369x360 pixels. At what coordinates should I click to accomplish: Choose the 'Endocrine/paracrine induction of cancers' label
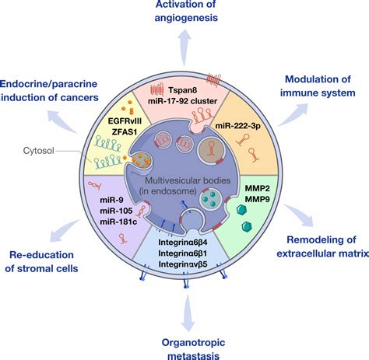click(54, 89)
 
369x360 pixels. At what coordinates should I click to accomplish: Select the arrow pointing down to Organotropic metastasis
click(185, 315)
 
